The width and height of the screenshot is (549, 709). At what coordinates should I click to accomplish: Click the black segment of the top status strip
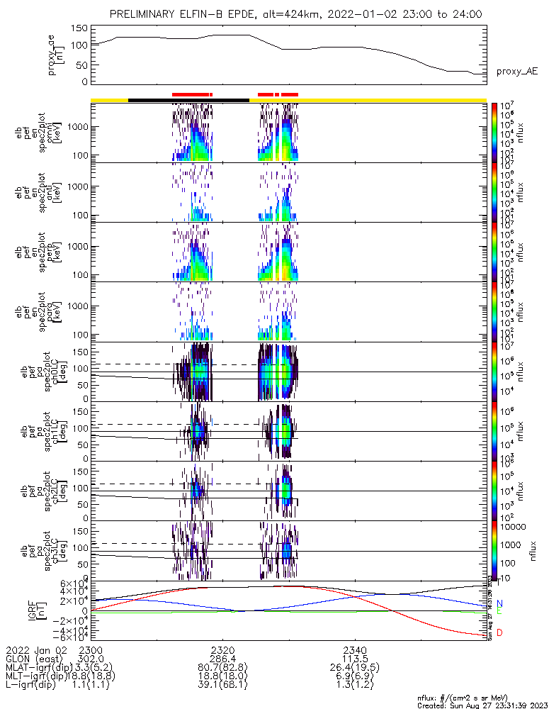coord(188,100)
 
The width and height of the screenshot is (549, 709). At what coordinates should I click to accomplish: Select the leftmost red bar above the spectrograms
coord(191,94)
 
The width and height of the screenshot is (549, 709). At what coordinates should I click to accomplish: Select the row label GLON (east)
coord(34,659)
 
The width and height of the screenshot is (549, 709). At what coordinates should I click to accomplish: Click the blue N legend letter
coord(499,603)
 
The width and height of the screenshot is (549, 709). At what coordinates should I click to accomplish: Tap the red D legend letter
coord(499,632)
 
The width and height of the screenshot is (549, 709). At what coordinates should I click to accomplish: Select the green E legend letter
coord(499,610)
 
